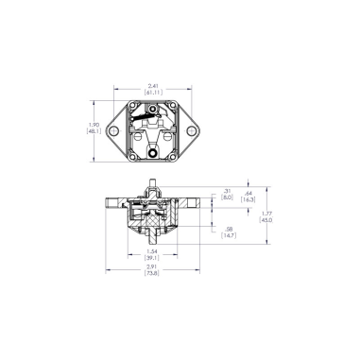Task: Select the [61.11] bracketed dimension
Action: [151, 91]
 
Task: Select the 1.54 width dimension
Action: [151, 250]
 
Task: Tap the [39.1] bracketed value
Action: [151, 259]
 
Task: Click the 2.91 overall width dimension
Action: [151, 268]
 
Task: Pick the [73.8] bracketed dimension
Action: [151, 277]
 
